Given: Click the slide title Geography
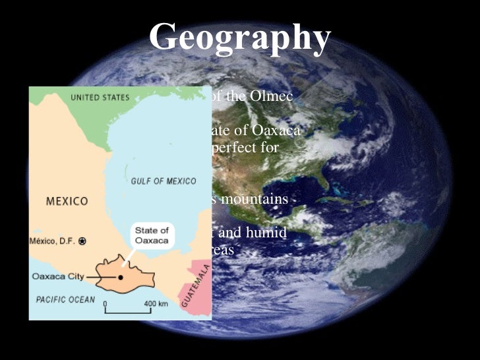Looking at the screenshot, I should point(239,38).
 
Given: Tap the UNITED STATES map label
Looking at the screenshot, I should point(100,98).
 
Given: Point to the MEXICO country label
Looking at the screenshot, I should point(67,200).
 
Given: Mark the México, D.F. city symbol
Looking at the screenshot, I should point(82,241).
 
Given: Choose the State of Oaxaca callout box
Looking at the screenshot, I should point(152,235).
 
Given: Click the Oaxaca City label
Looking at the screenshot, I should point(58,277).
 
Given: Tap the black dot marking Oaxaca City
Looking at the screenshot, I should point(121,277).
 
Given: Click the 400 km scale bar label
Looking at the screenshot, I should point(157,304).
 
